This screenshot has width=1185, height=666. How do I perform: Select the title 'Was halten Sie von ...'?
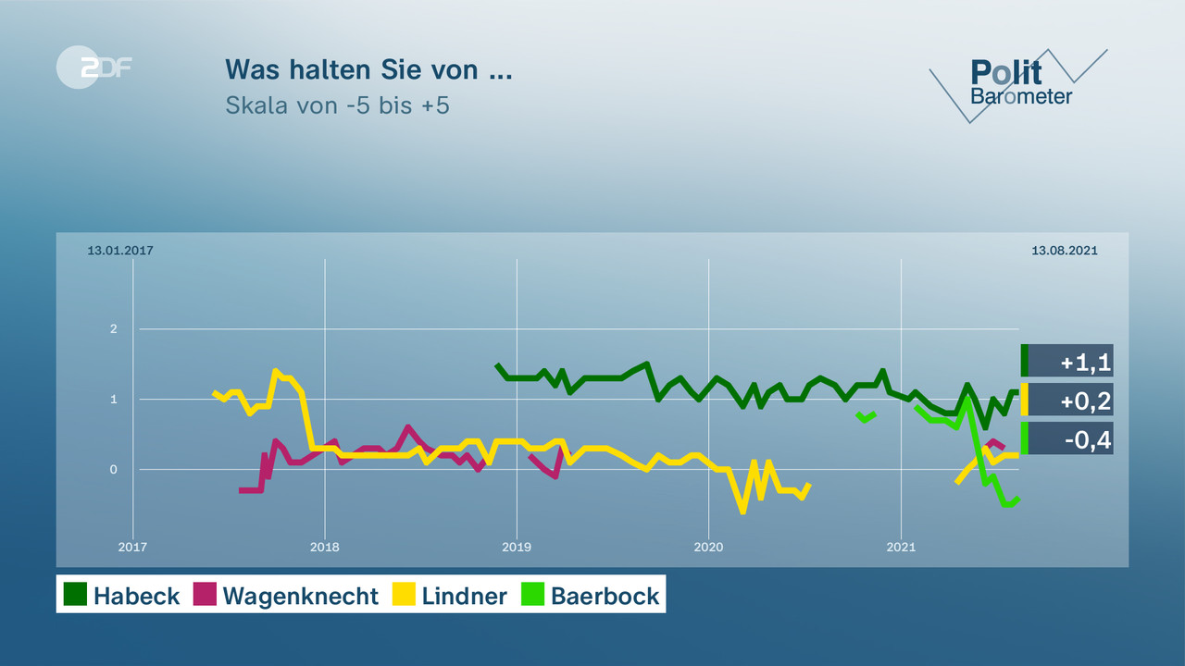[x=368, y=69]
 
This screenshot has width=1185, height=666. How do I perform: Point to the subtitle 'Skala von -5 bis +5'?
[x=337, y=105]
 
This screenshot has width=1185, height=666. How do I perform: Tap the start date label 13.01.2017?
[x=120, y=251]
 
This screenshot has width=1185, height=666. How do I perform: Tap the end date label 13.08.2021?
[x=1065, y=251]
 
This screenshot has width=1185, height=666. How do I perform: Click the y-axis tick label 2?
[x=114, y=329]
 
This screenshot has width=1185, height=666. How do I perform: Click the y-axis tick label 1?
[x=114, y=400]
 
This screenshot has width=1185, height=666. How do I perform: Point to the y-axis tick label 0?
[x=114, y=470]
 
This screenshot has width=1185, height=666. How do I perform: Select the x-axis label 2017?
[x=133, y=548]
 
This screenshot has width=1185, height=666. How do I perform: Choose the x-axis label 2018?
[x=325, y=548]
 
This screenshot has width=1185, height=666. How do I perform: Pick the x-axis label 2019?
[x=517, y=548]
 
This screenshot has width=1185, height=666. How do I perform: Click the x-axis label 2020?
[x=709, y=548]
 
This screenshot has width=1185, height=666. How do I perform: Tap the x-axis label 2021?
[x=901, y=548]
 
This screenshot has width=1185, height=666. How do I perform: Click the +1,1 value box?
[x=1067, y=361]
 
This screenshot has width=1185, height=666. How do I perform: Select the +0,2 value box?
[x=1067, y=400]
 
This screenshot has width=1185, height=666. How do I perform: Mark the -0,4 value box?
[x=1067, y=438]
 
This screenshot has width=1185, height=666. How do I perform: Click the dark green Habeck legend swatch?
[x=75, y=594]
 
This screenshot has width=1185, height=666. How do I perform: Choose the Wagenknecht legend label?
[x=301, y=596]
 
